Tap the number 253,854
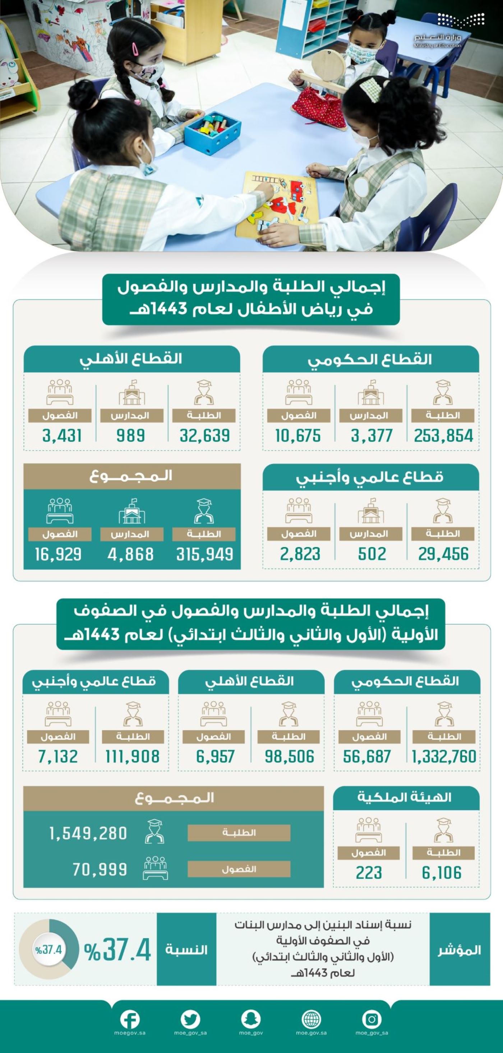(x=443, y=436)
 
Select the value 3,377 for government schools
(x=371, y=436)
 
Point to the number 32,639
(x=204, y=436)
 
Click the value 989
(x=130, y=436)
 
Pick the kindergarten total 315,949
(x=204, y=554)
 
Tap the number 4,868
(x=130, y=554)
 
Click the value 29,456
(x=443, y=554)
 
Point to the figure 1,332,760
(x=444, y=757)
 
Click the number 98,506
(x=289, y=757)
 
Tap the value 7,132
(x=57, y=757)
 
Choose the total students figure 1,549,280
(x=88, y=834)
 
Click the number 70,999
(x=100, y=869)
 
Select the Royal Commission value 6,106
(x=442, y=873)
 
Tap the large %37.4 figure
(x=118, y=950)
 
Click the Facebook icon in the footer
(x=130, y=1020)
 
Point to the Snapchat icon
(x=251, y=1020)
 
